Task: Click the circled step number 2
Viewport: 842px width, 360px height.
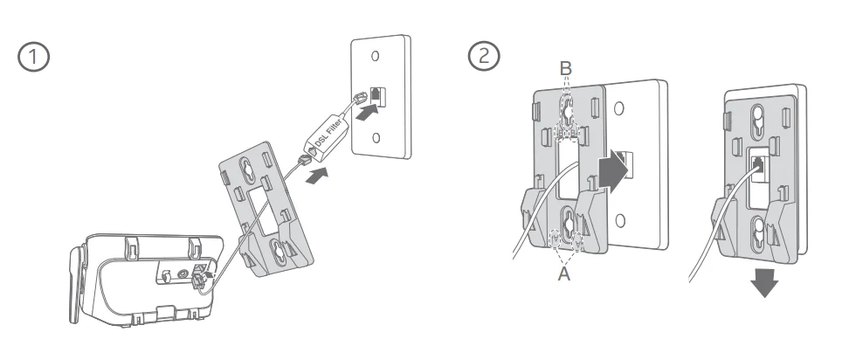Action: [482, 58]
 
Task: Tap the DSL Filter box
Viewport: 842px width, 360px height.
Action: [326, 131]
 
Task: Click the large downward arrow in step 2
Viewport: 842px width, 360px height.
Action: [766, 281]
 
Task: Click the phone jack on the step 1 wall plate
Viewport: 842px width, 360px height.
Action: [376, 94]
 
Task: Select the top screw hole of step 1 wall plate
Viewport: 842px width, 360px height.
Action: [376, 56]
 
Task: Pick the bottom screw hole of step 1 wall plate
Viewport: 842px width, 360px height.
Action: [376, 138]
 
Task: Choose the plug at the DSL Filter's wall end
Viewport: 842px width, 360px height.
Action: [358, 100]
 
